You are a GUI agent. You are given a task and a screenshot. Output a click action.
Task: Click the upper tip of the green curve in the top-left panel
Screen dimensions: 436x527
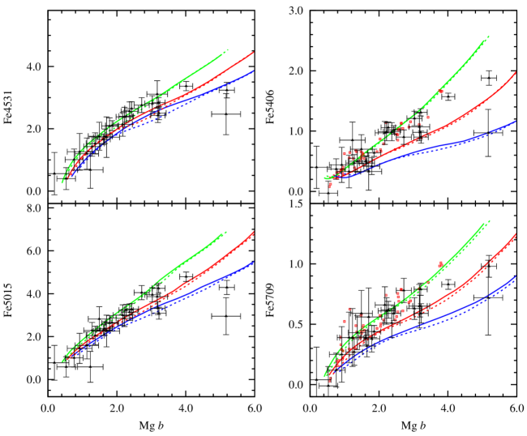pyautogui.click(x=227, y=49)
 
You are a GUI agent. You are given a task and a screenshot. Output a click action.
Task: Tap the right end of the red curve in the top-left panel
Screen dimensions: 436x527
pyautogui.click(x=254, y=53)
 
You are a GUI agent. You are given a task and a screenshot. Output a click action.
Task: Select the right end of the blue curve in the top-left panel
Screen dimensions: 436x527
pyautogui.click(x=254, y=71)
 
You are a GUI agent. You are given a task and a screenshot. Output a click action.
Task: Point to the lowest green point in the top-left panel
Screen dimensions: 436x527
pyautogui.click(x=62, y=182)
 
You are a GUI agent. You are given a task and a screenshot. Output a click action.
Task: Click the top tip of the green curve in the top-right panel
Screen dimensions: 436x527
pyautogui.click(x=487, y=36)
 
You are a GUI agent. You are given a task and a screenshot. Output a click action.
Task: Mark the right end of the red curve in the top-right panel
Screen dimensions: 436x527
pyautogui.click(x=516, y=72)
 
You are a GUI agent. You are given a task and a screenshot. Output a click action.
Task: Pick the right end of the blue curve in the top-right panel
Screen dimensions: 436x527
pyautogui.click(x=516, y=122)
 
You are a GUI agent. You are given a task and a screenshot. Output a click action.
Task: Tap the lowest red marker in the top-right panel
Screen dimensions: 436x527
pyautogui.click(x=330, y=187)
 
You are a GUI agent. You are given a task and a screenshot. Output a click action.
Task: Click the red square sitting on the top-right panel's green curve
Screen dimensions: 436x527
pyautogui.click(x=440, y=92)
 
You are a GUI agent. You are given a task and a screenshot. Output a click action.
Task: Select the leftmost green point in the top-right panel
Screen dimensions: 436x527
pyautogui.click(x=324, y=177)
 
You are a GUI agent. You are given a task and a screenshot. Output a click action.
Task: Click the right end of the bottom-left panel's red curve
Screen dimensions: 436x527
pyautogui.click(x=254, y=233)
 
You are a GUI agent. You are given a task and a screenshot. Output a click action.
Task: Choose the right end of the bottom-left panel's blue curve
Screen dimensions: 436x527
pyautogui.click(x=254, y=263)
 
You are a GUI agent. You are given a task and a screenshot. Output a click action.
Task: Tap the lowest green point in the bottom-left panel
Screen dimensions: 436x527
pyautogui.click(x=62, y=360)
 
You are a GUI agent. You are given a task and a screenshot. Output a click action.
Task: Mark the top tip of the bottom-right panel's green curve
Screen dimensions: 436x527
pyautogui.click(x=487, y=221)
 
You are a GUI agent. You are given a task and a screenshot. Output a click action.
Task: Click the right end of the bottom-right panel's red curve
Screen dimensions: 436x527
pyautogui.click(x=516, y=234)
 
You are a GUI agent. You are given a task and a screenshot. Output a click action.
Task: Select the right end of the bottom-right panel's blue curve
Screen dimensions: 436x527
pyautogui.click(x=516, y=277)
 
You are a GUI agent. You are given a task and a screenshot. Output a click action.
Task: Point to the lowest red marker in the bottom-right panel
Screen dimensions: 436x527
pyautogui.click(x=329, y=379)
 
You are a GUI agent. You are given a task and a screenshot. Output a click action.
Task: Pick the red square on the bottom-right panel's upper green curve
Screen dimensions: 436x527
pyautogui.click(x=440, y=264)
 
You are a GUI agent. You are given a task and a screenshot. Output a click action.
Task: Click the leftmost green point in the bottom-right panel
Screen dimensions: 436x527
pyautogui.click(x=324, y=374)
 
